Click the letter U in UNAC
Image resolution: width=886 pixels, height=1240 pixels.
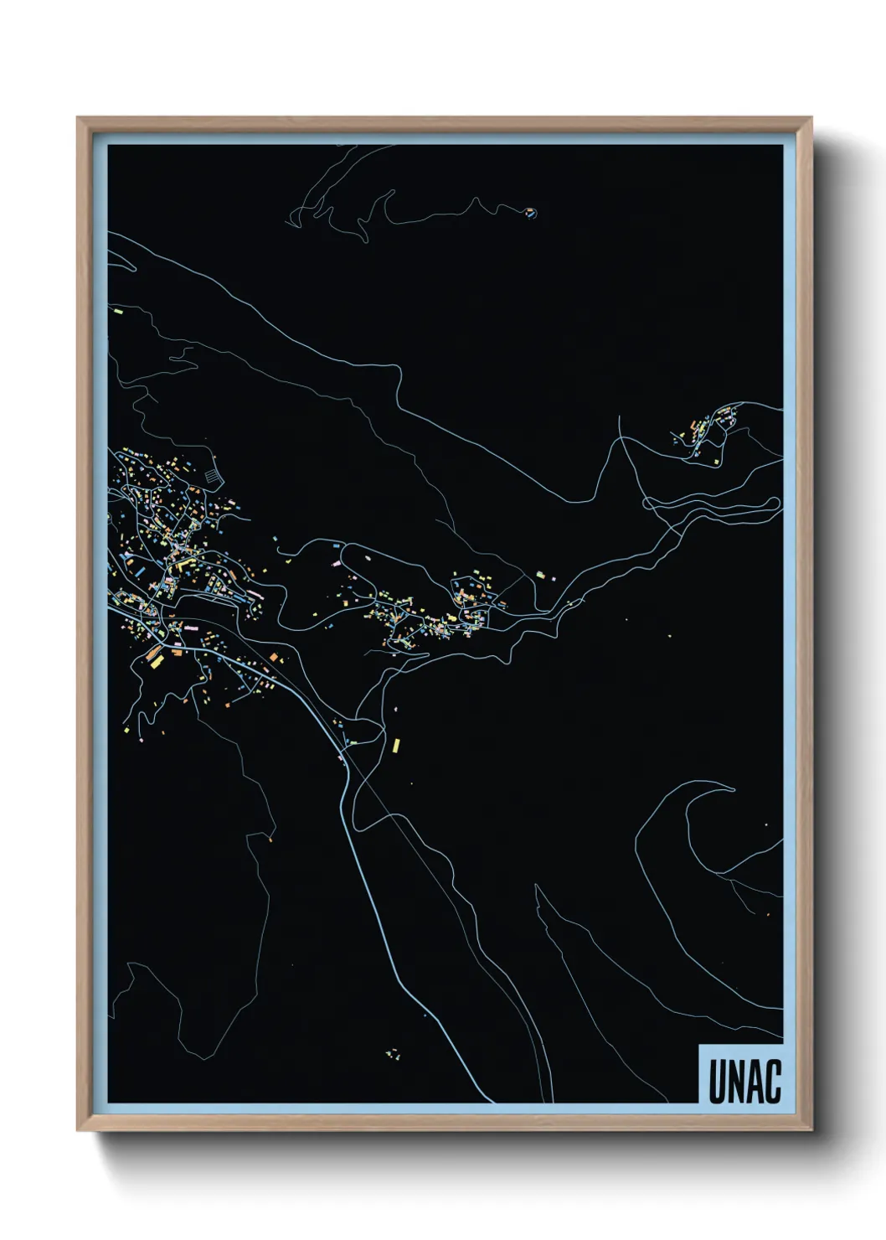point(718,1082)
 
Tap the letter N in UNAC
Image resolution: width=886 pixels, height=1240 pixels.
point(735,1082)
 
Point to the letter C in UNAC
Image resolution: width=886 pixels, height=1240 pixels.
point(772,1082)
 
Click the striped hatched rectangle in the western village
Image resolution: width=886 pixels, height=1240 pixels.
point(213,476)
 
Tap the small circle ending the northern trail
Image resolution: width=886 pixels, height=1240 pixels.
point(530,213)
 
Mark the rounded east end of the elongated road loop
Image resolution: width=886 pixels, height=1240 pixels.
point(775,505)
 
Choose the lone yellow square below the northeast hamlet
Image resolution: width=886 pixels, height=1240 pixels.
point(718,461)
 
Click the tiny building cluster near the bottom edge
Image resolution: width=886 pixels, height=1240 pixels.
point(392,1053)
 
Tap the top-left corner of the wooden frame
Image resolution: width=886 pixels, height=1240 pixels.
point(78,119)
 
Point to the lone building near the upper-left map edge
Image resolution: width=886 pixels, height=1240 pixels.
point(118,311)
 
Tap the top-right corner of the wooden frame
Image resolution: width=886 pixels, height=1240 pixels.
point(811,119)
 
